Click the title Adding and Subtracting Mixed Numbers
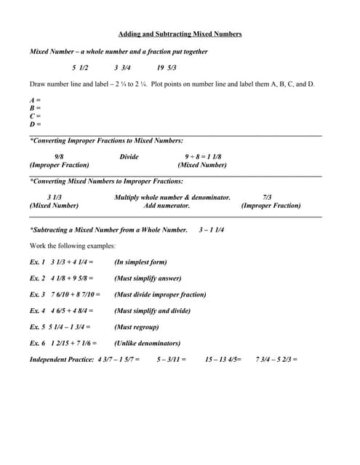(x=180, y=34)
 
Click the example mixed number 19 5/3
(x=167, y=68)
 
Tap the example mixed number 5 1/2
(x=80, y=68)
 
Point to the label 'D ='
(x=35, y=124)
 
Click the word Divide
(x=129, y=157)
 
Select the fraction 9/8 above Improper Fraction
(x=59, y=157)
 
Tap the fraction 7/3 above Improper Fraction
(x=267, y=198)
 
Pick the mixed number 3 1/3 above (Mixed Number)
(x=55, y=198)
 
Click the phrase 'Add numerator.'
(x=167, y=206)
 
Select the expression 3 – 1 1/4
(x=211, y=230)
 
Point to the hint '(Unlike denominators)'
(x=147, y=343)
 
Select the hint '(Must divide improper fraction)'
(x=160, y=294)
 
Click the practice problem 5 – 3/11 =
(x=172, y=360)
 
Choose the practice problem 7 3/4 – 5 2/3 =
(x=276, y=360)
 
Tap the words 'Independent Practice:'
(x=62, y=360)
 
